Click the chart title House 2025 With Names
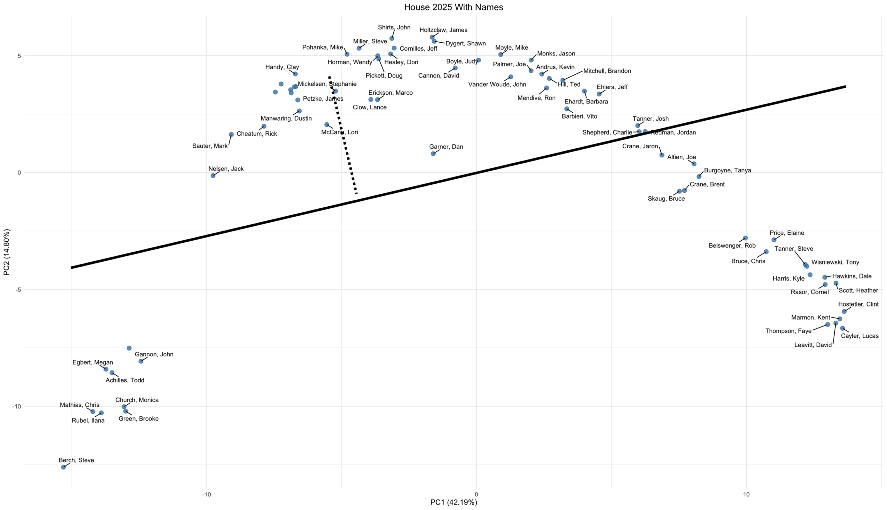[x=453, y=7]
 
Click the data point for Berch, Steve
[x=63, y=467]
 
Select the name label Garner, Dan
[x=446, y=147]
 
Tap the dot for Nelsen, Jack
[x=213, y=175]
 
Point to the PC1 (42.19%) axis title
[x=453, y=502]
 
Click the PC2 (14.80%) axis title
[x=7, y=252]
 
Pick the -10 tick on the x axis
[x=207, y=494]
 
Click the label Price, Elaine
[x=787, y=233]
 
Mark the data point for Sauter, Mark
[x=231, y=135]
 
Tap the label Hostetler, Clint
[x=858, y=304]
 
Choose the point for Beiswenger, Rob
[x=745, y=238]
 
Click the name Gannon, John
[x=154, y=354]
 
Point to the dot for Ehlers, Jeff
[x=599, y=94]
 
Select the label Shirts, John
[x=394, y=27]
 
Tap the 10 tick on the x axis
[x=746, y=494]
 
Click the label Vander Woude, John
[x=497, y=84]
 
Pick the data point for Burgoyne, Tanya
[x=699, y=176]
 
